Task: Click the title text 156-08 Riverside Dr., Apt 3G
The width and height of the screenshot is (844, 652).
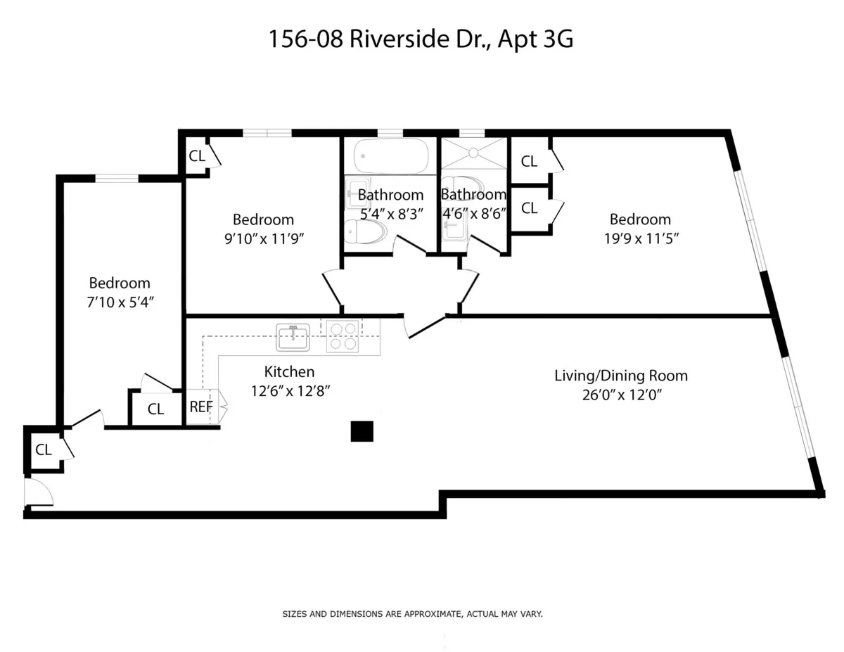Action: (x=421, y=39)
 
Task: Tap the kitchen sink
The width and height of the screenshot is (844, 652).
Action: (x=293, y=337)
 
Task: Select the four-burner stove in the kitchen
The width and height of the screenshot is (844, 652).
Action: (x=343, y=335)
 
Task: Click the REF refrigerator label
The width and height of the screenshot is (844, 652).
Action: (x=200, y=407)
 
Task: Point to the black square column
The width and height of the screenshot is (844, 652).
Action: (x=362, y=431)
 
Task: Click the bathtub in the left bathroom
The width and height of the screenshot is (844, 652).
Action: (x=391, y=155)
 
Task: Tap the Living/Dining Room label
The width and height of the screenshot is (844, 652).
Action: (x=620, y=376)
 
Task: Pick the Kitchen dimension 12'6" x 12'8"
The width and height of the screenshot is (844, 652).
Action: (x=290, y=390)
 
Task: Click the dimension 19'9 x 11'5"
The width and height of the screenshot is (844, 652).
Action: (x=641, y=238)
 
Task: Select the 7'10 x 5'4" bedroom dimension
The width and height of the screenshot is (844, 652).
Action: (x=119, y=302)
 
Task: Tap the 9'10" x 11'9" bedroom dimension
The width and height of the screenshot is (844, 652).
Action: (x=263, y=238)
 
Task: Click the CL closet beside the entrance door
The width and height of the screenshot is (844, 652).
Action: (x=44, y=450)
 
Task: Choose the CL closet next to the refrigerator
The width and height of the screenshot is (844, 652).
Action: (x=155, y=409)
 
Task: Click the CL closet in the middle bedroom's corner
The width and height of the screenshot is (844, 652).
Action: (x=197, y=156)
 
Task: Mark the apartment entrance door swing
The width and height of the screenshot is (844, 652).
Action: (x=38, y=492)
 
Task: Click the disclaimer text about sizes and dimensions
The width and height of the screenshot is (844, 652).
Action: (x=412, y=614)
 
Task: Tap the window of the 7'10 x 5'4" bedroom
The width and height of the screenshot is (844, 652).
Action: (x=117, y=179)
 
